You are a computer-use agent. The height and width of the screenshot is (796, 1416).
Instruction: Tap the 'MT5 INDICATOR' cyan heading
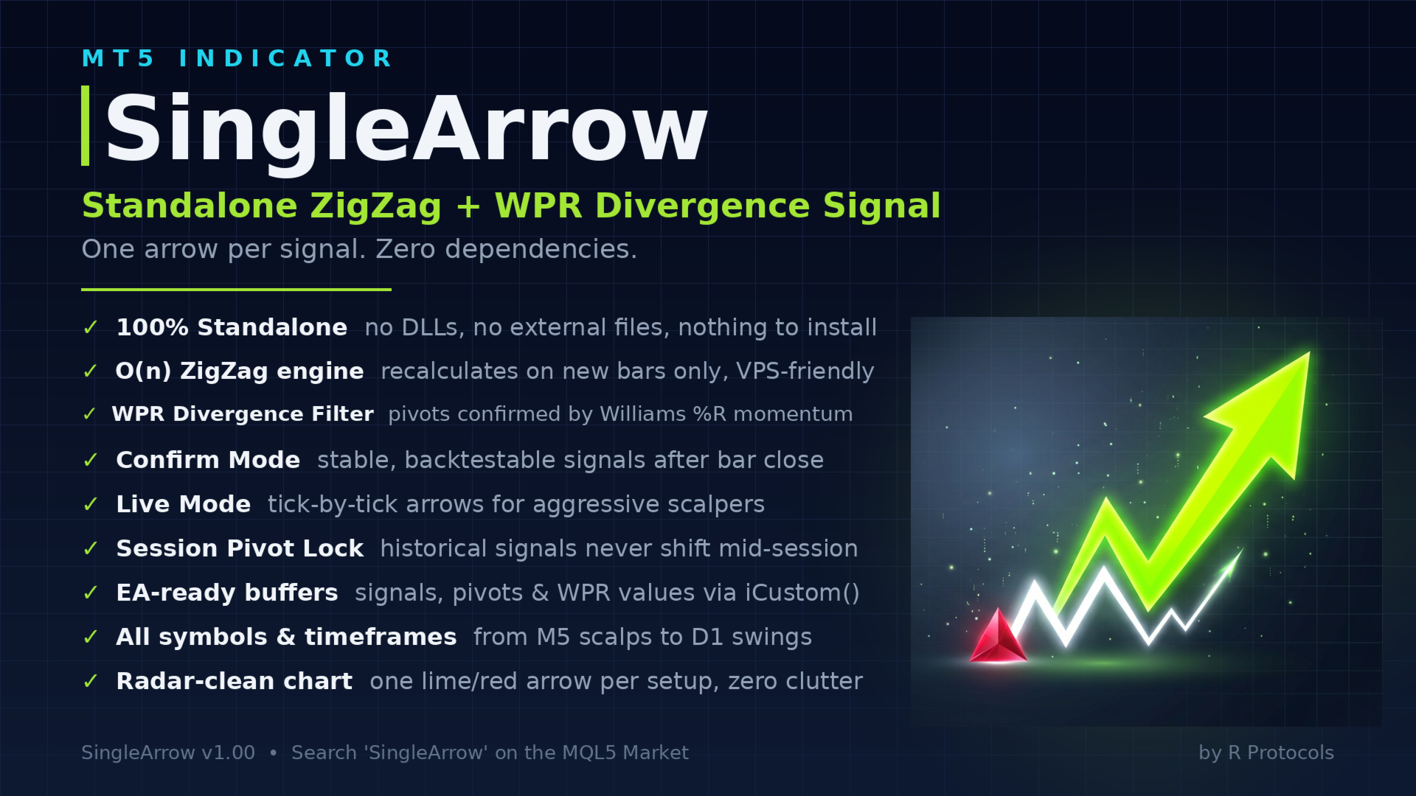tap(237, 58)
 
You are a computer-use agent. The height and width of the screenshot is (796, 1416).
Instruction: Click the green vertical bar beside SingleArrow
tap(86, 125)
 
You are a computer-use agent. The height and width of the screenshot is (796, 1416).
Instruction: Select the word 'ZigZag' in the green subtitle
tap(375, 206)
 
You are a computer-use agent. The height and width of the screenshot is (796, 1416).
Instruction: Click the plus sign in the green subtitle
tap(468, 206)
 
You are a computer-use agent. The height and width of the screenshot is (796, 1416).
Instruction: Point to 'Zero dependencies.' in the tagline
tap(506, 250)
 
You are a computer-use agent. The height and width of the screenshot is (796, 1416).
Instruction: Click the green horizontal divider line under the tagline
tap(236, 290)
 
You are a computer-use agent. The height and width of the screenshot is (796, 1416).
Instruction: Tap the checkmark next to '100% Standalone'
tap(91, 327)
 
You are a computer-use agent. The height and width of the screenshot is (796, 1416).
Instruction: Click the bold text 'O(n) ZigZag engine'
tap(240, 371)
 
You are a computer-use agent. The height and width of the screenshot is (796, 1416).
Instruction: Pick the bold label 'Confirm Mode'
tap(208, 460)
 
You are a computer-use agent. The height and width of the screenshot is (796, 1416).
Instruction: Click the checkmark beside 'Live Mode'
tap(91, 504)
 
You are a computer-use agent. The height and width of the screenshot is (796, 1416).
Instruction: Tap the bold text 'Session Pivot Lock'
tap(240, 548)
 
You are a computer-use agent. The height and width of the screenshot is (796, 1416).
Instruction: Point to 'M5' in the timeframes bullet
tap(553, 637)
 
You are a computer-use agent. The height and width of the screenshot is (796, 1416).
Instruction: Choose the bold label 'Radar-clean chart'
tap(235, 681)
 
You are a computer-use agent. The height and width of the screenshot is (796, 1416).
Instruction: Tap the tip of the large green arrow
tap(1309, 352)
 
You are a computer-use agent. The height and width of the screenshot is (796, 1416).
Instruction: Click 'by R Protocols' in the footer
tap(1266, 753)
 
